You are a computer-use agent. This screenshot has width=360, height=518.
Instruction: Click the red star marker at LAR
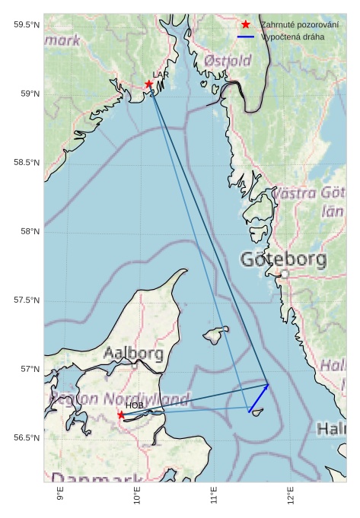148,84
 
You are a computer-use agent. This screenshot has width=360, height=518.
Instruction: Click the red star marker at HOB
121,415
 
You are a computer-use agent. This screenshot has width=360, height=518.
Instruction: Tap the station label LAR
161,75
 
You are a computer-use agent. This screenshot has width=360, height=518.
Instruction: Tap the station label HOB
134,405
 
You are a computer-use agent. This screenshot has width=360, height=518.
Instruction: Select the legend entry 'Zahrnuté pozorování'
299,25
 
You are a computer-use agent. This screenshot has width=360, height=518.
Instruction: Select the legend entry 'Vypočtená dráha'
292,37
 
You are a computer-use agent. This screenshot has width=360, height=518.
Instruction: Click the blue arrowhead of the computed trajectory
266,386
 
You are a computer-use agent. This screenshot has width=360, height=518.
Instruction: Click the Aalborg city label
133,354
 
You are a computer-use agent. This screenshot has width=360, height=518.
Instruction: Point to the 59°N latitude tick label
27,94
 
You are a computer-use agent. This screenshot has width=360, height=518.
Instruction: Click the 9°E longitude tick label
61,498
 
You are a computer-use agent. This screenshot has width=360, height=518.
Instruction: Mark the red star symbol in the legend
246,25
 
